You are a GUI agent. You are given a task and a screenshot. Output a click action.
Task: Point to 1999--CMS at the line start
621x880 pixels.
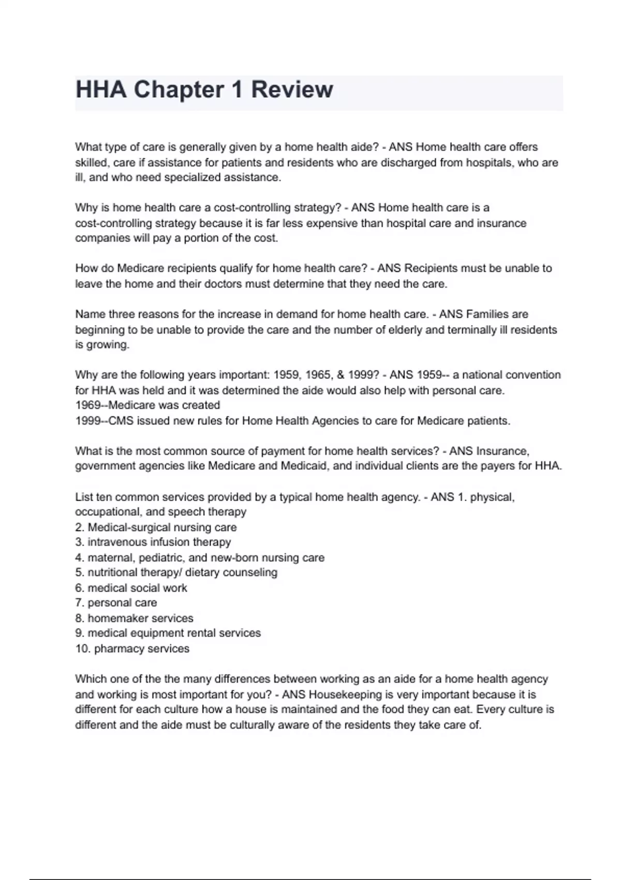(103, 421)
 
